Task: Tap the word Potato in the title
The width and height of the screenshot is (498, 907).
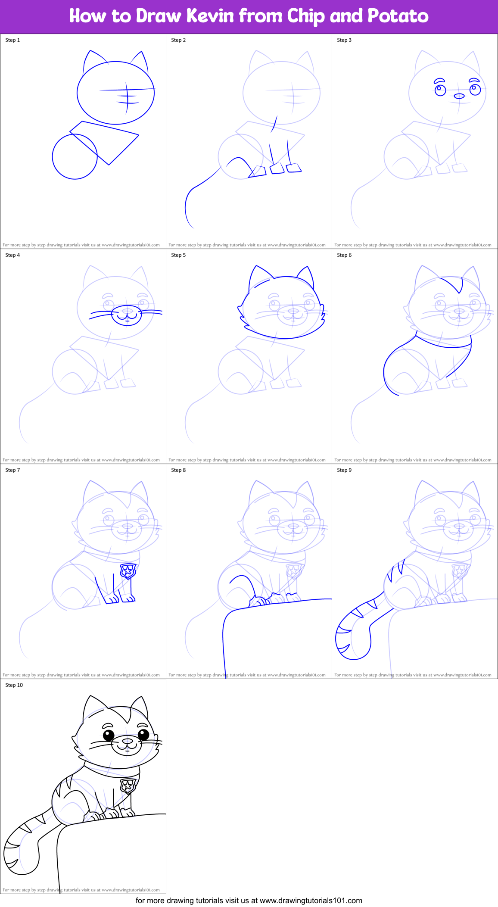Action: coord(398,16)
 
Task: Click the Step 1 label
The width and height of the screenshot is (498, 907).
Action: coord(12,40)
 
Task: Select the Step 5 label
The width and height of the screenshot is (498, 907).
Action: coord(178,255)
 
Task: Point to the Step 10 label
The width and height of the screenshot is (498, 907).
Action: coord(14,685)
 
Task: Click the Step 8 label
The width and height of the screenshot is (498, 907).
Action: coord(178,470)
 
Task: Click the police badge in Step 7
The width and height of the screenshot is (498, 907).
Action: coord(128,571)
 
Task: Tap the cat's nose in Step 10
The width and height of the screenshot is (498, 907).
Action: coord(128,741)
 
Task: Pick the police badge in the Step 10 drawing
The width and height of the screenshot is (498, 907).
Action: coord(128,785)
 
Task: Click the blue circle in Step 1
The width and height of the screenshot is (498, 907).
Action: coord(75,156)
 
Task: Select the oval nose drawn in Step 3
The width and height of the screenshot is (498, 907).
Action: coord(459,96)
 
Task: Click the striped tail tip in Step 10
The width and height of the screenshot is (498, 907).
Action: coord(13,855)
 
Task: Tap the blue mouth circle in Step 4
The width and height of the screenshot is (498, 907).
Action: coord(127,316)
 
